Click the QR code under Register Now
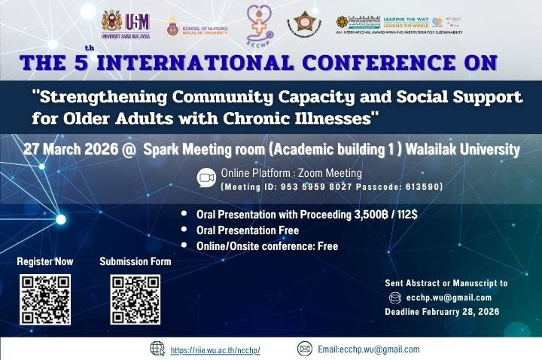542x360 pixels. point(45,299)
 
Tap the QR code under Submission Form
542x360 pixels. point(135,299)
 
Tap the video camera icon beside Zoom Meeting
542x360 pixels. point(206,177)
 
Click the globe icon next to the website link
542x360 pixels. point(157,349)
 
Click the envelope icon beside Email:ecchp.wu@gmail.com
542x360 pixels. point(305,349)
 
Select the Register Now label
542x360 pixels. point(45,262)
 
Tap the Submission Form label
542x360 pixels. point(135,262)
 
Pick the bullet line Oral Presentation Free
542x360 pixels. point(248,230)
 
